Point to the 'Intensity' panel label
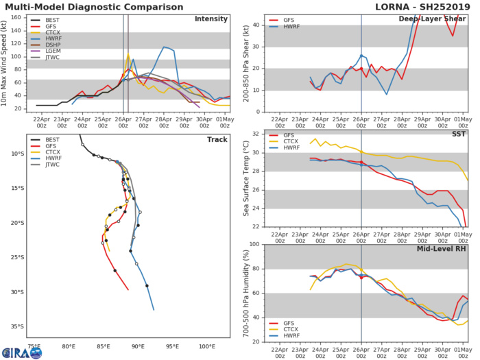pos(212,19)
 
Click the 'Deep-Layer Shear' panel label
pos(437,19)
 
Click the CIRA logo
pos(21,352)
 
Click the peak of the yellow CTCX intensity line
pos(128,54)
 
